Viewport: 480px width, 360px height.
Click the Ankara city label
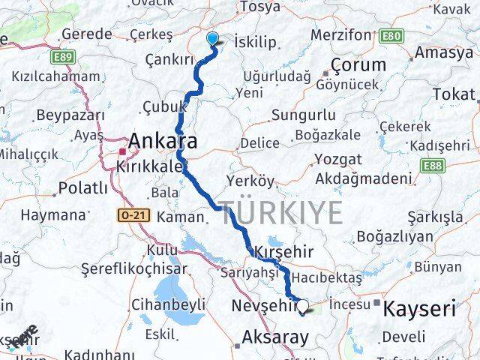coord(163,141)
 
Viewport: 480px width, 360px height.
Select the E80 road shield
coord(389,35)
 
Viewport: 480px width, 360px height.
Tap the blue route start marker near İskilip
coord(212,40)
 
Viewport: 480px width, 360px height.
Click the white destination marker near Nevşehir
coord(303,305)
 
